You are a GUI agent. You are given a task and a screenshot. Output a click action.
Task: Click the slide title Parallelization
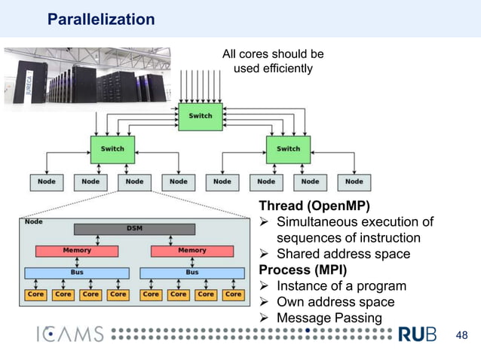pos(101,20)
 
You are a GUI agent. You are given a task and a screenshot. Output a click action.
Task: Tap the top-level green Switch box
pos(201,117)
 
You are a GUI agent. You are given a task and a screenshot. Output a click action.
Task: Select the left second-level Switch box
pos(112,150)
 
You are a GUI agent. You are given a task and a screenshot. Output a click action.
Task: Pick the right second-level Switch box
pos(288,150)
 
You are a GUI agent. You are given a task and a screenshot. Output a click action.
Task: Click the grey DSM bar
pos(134,229)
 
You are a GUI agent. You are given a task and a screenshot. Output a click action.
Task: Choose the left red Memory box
pos(77,252)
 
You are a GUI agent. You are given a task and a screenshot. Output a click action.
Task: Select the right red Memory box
pos(192,252)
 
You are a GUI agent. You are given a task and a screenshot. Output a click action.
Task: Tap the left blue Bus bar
pos(77,273)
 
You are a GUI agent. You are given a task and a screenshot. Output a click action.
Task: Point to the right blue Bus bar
pos(192,273)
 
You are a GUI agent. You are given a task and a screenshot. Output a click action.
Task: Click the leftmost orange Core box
pos(35,294)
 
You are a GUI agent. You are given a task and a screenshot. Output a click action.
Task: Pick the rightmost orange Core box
pos(234,294)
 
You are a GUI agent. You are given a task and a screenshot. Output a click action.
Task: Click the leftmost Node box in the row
pos(47,182)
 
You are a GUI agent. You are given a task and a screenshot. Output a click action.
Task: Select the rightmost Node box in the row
pos(354,182)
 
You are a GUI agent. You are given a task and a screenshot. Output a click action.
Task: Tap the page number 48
pos(461,335)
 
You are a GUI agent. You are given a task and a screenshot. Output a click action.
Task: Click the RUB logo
pos(417,334)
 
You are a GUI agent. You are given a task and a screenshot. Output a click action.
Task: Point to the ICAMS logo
pos(70,334)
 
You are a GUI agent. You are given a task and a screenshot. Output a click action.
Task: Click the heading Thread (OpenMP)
pos(314,206)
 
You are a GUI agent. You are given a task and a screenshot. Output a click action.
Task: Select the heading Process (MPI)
pos(303,270)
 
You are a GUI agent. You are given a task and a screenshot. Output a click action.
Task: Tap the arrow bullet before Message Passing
pos(264,318)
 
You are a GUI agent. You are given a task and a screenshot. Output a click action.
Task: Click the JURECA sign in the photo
pos(29,83)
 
